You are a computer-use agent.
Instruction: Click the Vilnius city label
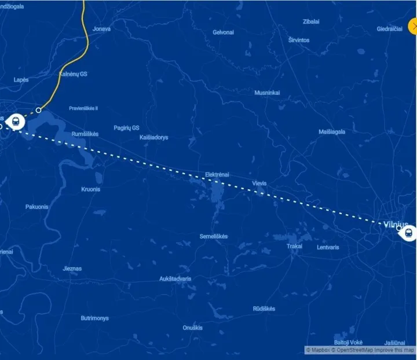click(x=396, y=225)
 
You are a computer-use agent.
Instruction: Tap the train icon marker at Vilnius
click(x=408, y=233)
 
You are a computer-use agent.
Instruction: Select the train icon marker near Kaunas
click(x=16, y=122)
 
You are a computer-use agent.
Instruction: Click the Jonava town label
click(x=101, y=28)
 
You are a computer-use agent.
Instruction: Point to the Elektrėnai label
click(x=217, y=174)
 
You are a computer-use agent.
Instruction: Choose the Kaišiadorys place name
click(x=154, y=137)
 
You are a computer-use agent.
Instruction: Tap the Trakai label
click(x=294, y=246)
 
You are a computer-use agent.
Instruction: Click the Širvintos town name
click(x=299, y=40)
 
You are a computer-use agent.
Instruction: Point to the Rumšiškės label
click(x=85, y=134)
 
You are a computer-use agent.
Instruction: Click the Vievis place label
click(x=259, y=183)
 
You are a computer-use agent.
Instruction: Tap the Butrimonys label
click(x=94, y=318)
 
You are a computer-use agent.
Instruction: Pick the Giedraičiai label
click(x=390, y=28)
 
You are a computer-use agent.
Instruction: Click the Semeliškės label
click(x=214, y=236)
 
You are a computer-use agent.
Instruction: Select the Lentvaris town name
click(x=328, y=247)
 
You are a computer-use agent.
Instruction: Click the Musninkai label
click(x=267, y=93)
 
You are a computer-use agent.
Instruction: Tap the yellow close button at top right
click(x=412, y=26)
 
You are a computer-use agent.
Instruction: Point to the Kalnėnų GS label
click(x=74, y=74)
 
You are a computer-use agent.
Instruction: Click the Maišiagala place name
click(x=332, y=132)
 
